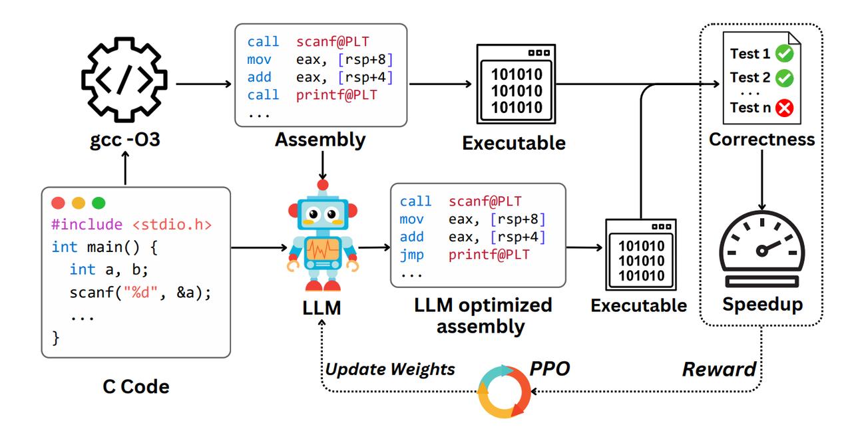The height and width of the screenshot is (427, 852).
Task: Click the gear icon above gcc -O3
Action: [124, 80]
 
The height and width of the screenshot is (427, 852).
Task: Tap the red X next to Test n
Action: [785, 108]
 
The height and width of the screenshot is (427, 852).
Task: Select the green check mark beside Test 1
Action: [785, 54]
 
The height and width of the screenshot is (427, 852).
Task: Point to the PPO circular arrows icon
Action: [504, 391]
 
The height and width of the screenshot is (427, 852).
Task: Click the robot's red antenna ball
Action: [323, 185]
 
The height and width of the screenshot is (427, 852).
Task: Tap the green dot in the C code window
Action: [99, 203]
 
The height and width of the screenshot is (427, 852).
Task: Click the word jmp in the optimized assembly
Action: [411, 255]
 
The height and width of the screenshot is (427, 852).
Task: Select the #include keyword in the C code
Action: [87, 224]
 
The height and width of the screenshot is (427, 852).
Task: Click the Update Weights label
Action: [390, 369]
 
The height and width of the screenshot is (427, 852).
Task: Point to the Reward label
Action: [720, 369]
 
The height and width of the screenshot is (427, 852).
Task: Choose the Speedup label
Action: [762, 305]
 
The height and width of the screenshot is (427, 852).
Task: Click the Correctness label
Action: [762, 140]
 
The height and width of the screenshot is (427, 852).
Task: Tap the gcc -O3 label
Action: [124, 140]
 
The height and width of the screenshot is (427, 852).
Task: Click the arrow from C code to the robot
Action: [259, 247]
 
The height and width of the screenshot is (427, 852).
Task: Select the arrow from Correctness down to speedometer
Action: [762, 180]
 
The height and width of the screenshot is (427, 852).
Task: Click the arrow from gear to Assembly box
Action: [204, 84]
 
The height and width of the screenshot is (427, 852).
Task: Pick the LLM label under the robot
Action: [321, 308]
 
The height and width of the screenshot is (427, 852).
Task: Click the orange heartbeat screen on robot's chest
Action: [323, 249]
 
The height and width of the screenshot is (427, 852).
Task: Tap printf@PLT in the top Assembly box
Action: [337, 95]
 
